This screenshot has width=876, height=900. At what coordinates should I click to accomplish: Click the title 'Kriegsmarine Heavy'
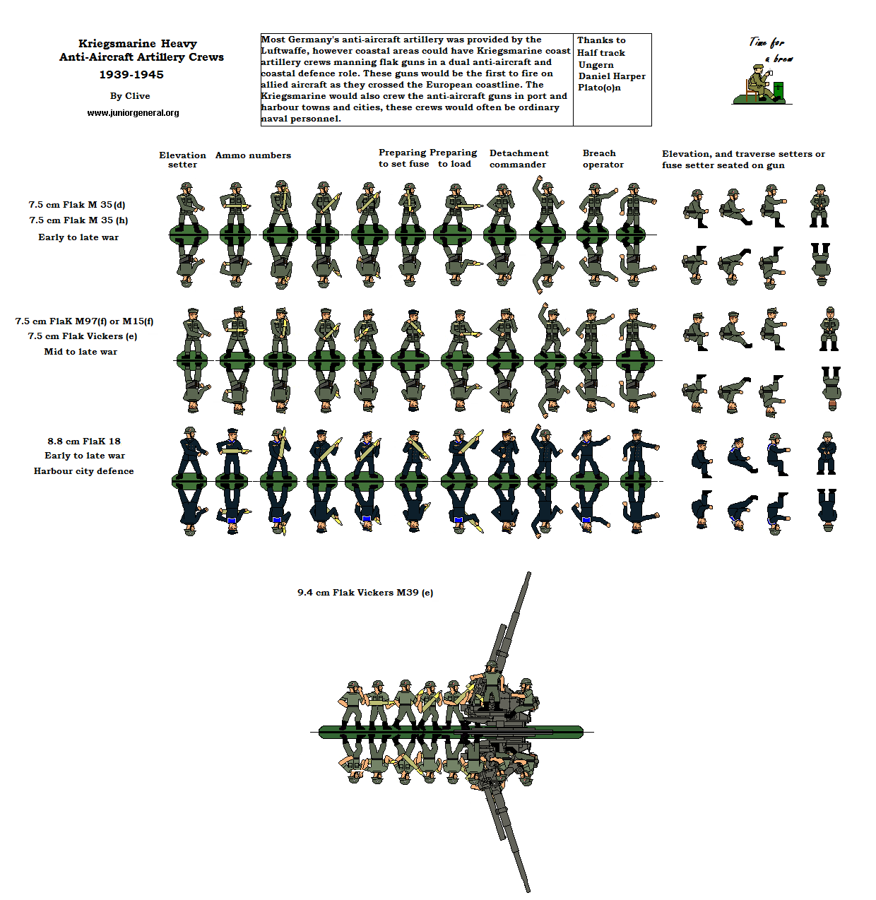137,44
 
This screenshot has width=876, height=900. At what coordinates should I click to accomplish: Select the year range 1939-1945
131,75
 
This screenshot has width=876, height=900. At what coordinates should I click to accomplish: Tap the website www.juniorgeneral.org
133,113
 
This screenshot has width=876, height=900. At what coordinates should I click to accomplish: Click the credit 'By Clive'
130,96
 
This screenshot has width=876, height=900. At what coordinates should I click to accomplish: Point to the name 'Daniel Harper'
612,76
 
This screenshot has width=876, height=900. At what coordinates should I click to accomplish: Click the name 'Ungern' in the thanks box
596,65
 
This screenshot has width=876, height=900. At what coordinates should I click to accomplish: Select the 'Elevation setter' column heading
182,160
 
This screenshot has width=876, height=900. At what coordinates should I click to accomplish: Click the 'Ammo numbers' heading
253,155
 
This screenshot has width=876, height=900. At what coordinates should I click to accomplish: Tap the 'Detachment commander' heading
519,159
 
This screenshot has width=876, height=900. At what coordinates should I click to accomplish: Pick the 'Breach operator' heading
603,159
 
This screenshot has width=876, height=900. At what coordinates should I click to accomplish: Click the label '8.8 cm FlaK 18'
84,441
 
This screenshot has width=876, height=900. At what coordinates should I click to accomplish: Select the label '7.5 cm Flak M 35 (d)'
77,205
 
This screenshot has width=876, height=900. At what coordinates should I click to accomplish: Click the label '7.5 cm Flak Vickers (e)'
83,336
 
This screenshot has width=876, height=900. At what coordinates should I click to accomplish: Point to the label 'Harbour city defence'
83,471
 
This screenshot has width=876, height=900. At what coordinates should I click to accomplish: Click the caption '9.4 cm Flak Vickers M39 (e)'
365,593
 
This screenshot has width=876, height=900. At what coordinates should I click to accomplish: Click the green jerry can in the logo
778,90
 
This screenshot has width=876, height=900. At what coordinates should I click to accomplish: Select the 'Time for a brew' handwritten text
770,49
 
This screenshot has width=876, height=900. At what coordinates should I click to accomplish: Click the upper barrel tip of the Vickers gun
528,575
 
